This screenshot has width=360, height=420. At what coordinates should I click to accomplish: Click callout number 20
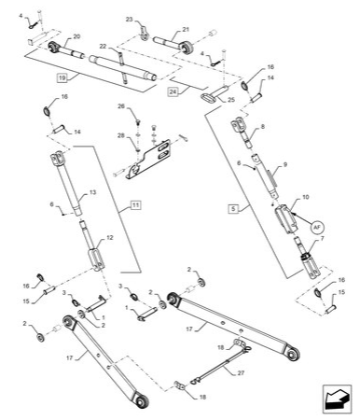click(x=76, y=36)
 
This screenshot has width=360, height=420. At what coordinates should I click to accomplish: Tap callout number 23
click(x=130, y=20)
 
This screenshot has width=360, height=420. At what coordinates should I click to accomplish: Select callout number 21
click(x=185, y=29)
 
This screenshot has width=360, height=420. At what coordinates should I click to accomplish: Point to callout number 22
click(x=103, y=48)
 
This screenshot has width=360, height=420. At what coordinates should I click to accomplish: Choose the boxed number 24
click(x=173, y=91)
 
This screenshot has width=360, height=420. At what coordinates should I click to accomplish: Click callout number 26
click(x=120, y=107)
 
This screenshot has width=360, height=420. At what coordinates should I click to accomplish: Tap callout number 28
click(x=120, y=136)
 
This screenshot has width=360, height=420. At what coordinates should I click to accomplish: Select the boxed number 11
click(x=135, y=203)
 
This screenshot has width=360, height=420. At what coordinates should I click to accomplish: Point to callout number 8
click(x=263, y=126)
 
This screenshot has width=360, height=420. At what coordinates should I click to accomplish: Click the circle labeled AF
click(x=316, y=227)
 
